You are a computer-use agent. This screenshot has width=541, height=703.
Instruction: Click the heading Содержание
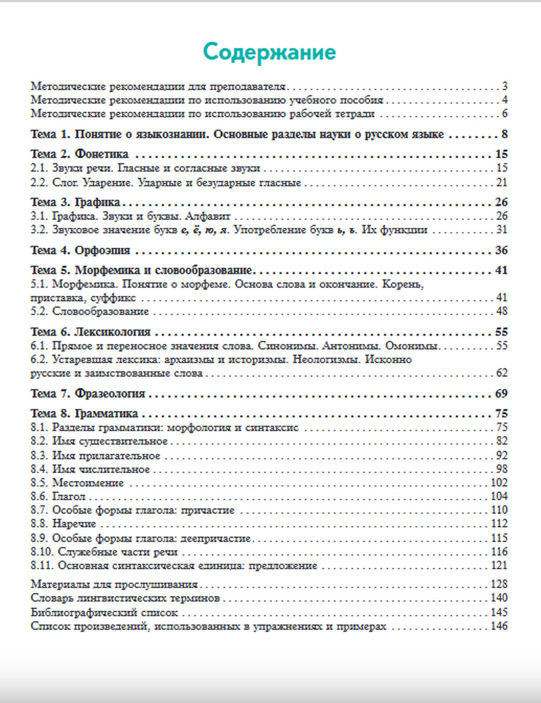click(269, 52)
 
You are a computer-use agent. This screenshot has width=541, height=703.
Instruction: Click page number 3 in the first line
click(504, 86)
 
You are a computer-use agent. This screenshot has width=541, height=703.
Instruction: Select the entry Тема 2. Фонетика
click(80, 155)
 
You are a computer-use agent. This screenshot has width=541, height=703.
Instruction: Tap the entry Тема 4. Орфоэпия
click(81, 250)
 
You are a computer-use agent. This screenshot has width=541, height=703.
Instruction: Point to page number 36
click(502, 250)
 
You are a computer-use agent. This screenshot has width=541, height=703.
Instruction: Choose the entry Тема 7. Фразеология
click(88, 394)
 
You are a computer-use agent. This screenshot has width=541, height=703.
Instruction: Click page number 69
click(502, 394)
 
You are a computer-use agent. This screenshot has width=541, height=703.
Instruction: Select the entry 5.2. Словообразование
click(90, 311)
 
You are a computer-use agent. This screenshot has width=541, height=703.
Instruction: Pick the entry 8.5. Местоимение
click(77, 483)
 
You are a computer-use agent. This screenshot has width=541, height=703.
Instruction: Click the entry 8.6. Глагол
click(58, 496)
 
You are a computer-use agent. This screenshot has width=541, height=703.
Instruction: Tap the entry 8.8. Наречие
click(63, 524)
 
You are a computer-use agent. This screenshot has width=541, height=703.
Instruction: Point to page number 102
click(499, 483)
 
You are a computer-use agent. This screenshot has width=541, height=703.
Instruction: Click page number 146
click(499, 626)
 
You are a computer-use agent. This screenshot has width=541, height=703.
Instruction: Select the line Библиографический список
click(104, 613)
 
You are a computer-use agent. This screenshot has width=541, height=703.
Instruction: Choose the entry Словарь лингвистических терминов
click(126, 598)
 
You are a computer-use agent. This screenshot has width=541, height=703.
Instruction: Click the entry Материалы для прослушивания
click(114, 585)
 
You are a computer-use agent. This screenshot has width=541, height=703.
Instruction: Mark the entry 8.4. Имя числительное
click(90, 469)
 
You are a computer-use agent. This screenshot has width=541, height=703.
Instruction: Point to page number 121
click(499, 566)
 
